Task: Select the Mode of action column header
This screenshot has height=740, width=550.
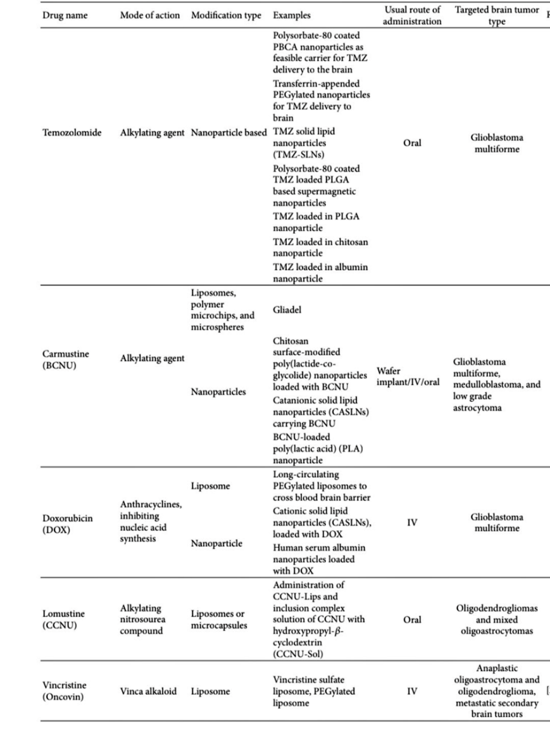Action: click(x=150, y=15)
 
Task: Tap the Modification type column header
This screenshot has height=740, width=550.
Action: click(x=226, y=15)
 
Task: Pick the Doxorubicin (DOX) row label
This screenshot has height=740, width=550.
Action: click(x=67, y=523)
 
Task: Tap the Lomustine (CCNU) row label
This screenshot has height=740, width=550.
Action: click(x=63, y=618)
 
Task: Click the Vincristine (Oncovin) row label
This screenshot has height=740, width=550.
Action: click(x=65, y=691)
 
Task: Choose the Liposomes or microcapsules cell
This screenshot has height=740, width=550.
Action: click(x=218, y=619)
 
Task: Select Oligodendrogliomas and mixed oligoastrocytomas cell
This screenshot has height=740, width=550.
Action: click(x=497, y=619)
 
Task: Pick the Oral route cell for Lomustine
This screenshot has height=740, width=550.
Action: click(x=411, y=619)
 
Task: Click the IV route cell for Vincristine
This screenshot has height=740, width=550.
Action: click(x=411, y=691)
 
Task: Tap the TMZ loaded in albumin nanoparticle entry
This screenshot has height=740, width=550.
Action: click(x=320, y=272)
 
